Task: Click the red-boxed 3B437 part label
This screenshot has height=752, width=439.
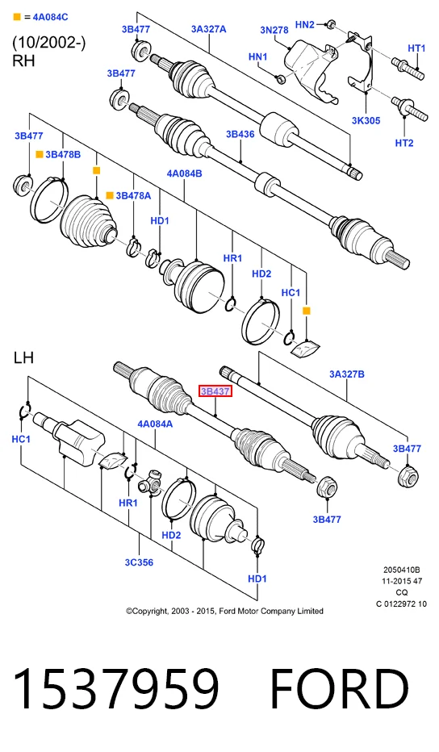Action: click(215, 391)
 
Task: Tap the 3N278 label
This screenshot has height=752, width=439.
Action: click(274, 30)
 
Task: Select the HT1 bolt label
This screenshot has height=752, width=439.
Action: click(416, 48)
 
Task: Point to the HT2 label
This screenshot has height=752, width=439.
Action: click(404, 143)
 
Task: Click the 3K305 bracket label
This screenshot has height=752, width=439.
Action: click(366, 120)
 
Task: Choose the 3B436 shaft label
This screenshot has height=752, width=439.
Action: click(240, 134)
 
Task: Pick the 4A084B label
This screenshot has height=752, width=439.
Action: click(184, 173)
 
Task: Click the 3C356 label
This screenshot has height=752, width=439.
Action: click(139, 562)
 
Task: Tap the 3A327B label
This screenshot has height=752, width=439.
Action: click(346, 374)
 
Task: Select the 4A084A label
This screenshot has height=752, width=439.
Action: click(155, 424)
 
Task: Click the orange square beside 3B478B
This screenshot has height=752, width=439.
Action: click(40, 154)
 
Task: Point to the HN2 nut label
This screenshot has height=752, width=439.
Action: click(305, 24)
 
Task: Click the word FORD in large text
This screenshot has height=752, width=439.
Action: click(339, 689)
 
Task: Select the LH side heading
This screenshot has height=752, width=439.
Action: click(23, 357)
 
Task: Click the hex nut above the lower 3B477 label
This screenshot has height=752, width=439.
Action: click(327, 487)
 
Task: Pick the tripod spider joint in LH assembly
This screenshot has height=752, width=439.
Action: click(151, 483)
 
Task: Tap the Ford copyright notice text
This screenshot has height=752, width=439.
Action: click(224, 611)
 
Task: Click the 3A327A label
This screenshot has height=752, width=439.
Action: click(209, 29)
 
